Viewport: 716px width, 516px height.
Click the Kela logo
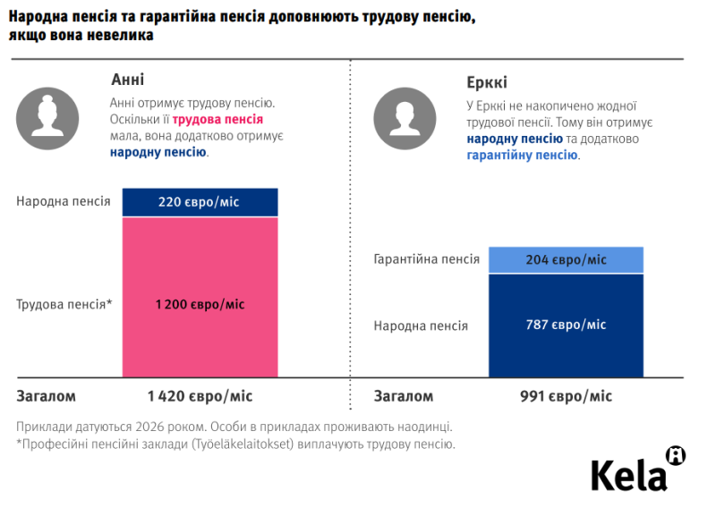(x=637, y=471)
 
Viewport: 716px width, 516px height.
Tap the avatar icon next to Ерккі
(x=405, y=118)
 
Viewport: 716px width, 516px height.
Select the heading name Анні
(x=127, y=80)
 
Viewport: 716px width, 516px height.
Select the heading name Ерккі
(x=487, y=83)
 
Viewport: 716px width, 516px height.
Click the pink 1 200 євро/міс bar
(x=200, y=304)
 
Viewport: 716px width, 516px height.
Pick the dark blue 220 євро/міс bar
(x=200, y=202)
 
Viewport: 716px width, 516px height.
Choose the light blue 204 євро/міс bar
(x=566, y=260)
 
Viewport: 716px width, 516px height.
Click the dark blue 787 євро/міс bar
(x=566, y=325)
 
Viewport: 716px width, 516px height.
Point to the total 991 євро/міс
(x=566, y=396)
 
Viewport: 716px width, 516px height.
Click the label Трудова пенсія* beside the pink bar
(x=64, y=304)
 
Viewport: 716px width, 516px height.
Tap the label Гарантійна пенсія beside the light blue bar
(x=426, y=260)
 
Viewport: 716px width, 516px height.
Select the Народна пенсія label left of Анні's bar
(x=63, y=201)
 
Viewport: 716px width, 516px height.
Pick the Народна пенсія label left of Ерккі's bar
(x=421, y=326)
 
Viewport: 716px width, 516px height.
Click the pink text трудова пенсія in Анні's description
(x=217, y=119)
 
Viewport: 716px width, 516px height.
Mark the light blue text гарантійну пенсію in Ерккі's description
(x=522, y=155)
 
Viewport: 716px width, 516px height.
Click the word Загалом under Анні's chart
(x=47, y=396)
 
